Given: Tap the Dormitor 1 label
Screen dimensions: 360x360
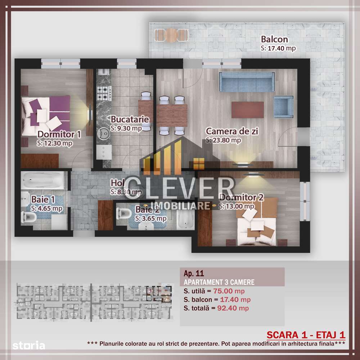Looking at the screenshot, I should [59, 134].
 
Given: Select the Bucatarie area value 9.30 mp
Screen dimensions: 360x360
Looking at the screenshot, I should [126, 128].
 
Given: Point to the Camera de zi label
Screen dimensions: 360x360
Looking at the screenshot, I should [232, 131].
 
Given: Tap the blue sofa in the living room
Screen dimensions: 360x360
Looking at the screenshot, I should [246, 81].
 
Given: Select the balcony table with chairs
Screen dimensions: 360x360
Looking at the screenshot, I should [171, 35].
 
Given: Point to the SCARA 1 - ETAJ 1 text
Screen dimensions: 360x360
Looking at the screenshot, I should [305, 334].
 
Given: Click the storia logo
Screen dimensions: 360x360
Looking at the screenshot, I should [29, 346].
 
